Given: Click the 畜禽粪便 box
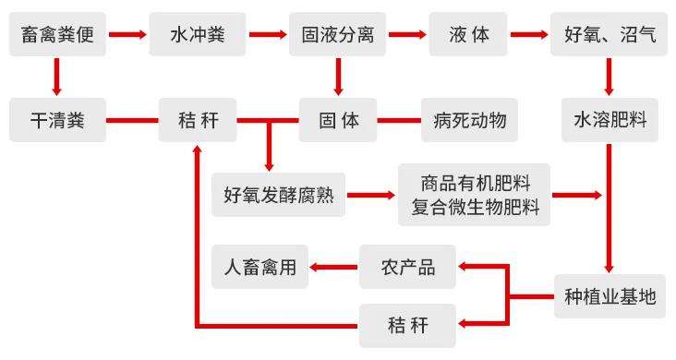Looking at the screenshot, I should pos(57,36).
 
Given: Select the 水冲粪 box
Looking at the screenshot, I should pos(197,36).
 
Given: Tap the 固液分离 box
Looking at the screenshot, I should pos(337,36).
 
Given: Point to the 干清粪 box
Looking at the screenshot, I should pos(57,120).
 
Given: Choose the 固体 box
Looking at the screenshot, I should pos(338,120).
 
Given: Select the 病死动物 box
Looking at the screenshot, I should pos(469,120).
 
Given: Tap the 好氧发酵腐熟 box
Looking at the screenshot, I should pos(278,195).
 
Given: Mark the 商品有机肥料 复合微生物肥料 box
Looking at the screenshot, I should pos(474,195).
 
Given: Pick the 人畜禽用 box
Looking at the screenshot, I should pos(260,268).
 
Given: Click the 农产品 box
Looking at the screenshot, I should pos(407,268).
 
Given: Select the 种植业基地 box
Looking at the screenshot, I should pos(610,295).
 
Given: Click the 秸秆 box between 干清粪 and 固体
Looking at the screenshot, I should pos(197,120).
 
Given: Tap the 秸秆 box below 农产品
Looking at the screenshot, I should pos(407,325).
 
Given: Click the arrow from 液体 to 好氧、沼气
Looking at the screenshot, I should pos(528,36).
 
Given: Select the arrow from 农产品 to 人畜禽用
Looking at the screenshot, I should pos(332,268).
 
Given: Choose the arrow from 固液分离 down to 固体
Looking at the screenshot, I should pos(338,78).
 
